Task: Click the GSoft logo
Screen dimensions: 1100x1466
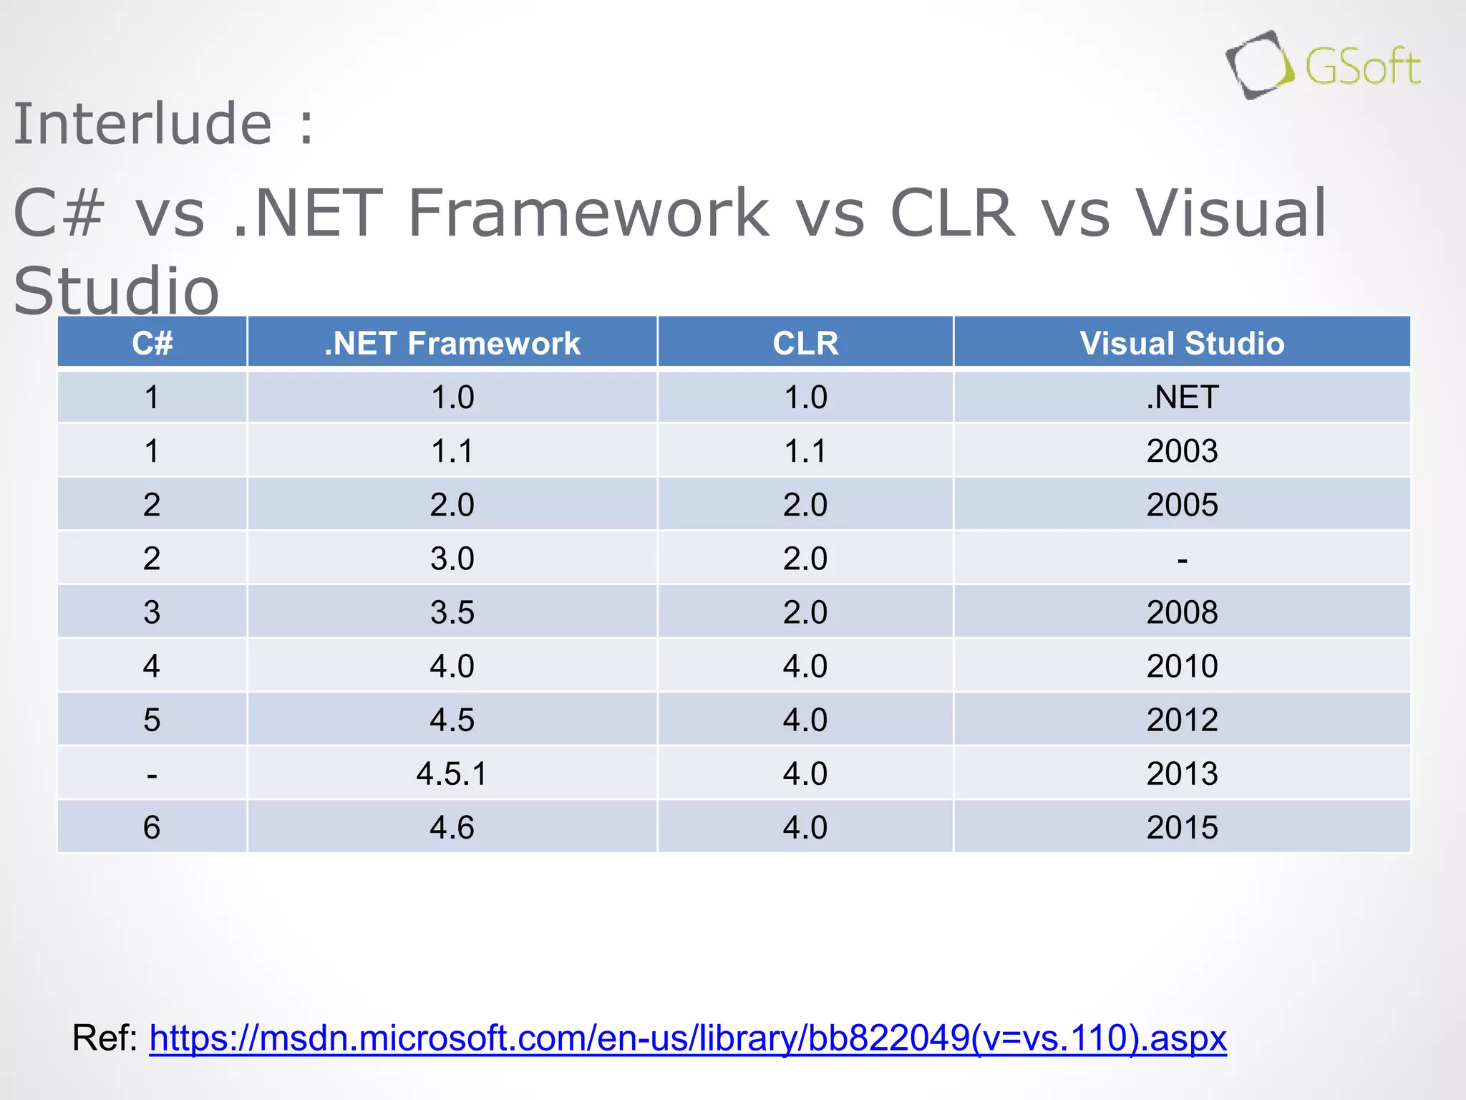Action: tap(1323, 65)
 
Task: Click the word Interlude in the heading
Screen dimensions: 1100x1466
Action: tap(142, 124)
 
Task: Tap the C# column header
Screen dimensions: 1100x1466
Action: tap(152, 343)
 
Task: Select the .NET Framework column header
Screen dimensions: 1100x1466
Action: tap(452, 343)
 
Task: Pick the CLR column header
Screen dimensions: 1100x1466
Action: tap(805, 343)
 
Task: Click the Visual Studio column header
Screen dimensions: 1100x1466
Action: tap(1182, 343)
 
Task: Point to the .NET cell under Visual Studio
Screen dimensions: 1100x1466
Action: tap(1182, 397)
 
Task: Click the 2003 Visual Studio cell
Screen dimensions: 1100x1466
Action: tap(1182, 451)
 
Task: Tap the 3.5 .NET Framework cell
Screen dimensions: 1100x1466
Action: tap(452, 612)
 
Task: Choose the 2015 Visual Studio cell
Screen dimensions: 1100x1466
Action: tap(1182, 828)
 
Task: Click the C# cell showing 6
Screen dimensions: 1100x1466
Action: tap(152, 828)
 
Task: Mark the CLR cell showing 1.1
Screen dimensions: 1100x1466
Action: tap(805, 451)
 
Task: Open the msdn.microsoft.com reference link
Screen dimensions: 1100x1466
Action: tap(687, 1038)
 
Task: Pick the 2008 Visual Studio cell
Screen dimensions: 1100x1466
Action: tap(1182, 612)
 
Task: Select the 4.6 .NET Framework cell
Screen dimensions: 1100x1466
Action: tap(452, 828)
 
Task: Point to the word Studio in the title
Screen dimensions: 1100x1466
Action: tap(116, 290)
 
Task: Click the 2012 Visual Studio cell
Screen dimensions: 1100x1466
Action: tap(1182, 720)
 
